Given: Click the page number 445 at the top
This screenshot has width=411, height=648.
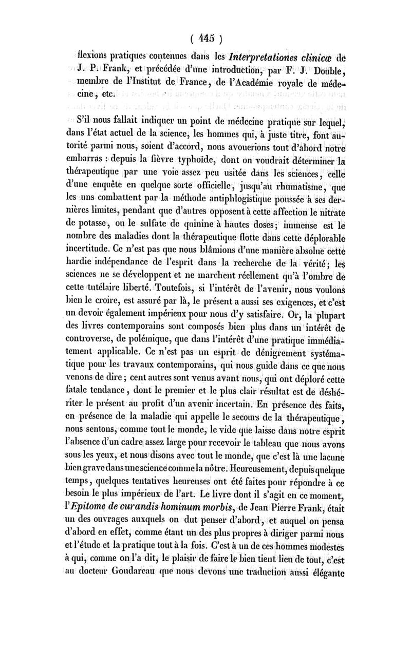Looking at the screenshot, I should click(x=206, y=39).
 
